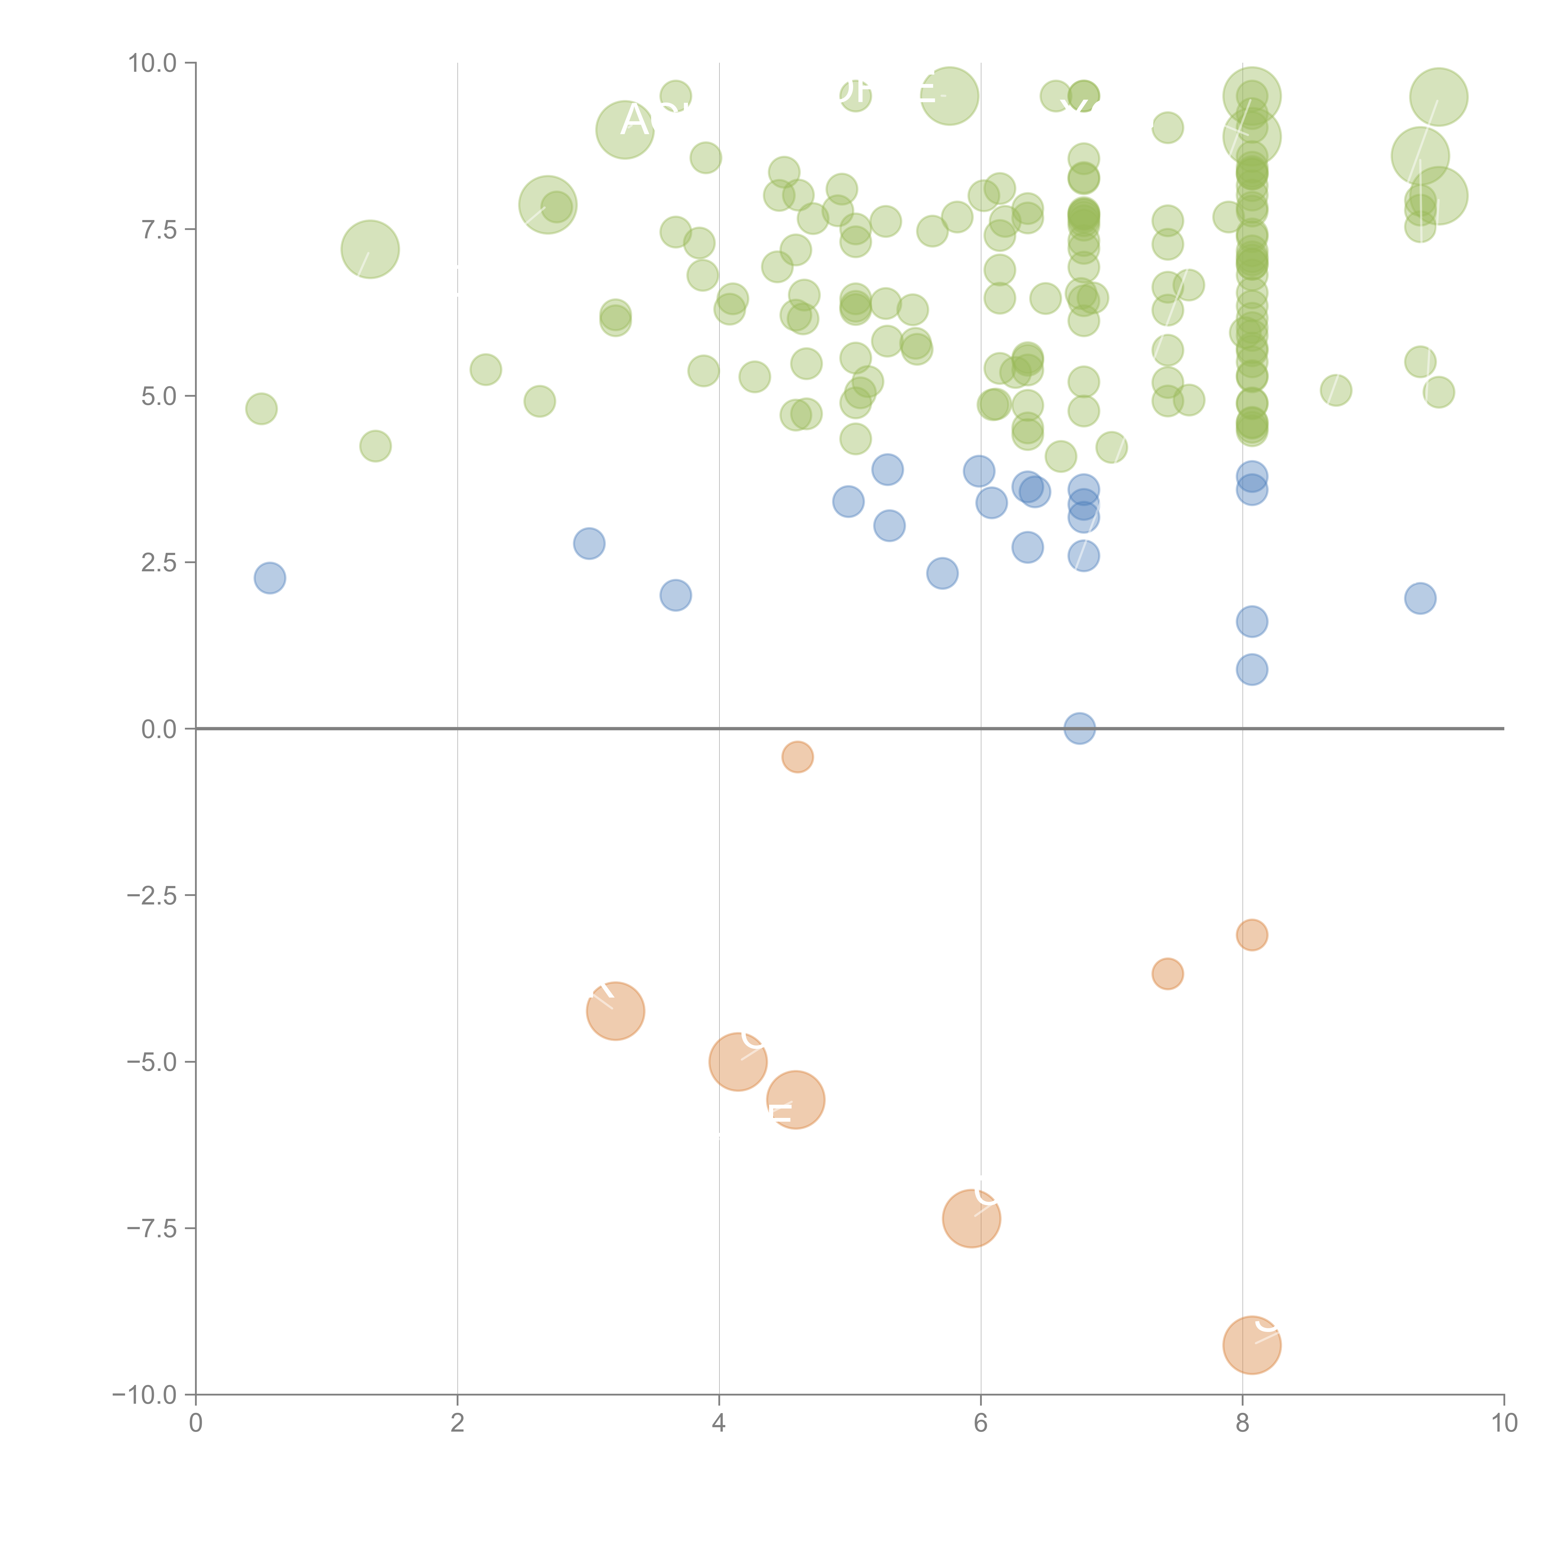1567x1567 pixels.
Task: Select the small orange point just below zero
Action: pyautogui.click(x=797, y=757)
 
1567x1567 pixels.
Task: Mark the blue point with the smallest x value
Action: pyautogui.click(x=269, y=578)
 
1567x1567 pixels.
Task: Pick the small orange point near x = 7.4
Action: pyautogui.click(x=1167, y=973)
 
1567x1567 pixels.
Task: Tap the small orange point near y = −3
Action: pyautogui.click(x=1251, y=935)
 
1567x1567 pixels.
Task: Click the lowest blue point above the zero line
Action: pyautogui.click(x=1251, y=669)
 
